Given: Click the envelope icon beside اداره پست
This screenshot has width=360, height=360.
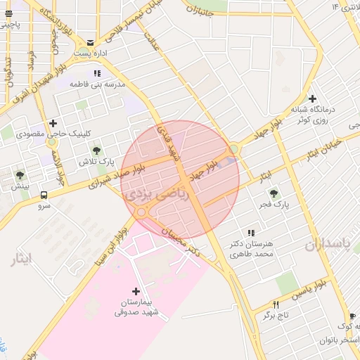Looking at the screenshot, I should [x=91, y=43].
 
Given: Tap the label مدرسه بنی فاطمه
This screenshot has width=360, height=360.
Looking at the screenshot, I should [x=97, y=84].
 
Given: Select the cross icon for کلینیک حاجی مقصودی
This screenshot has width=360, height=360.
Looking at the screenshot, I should [x=53, y=123].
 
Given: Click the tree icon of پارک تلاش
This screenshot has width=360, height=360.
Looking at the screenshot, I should [x=96, y=150].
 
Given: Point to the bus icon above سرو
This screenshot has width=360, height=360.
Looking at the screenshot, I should [x=44, y=195].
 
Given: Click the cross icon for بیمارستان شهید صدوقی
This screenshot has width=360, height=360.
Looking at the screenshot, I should [x=136, y=290].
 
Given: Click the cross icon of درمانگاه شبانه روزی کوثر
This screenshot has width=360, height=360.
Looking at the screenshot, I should [x=312, y=99].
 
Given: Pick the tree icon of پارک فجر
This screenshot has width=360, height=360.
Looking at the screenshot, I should [x=274, y=193].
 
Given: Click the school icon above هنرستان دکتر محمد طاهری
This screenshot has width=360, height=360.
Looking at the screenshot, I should [x=250, y=233].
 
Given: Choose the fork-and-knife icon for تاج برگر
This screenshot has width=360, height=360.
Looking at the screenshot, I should [x=276, y=304].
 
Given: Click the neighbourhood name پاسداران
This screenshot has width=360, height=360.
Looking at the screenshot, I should [x=327, y=244].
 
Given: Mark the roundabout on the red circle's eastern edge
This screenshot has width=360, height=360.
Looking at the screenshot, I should [x=233, y=149].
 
